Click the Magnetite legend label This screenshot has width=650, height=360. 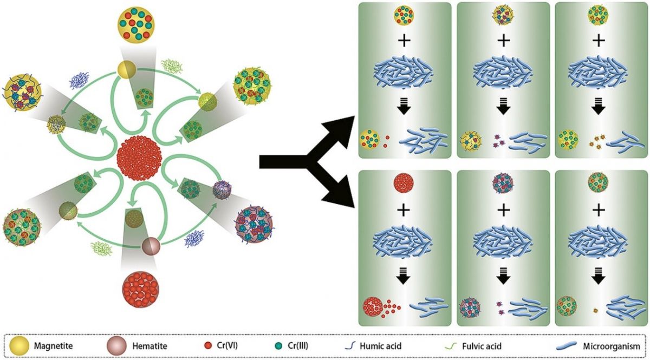tap(53, 346)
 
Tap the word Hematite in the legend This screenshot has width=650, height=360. tap(149, 346)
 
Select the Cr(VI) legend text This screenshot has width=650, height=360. tap(227, 346)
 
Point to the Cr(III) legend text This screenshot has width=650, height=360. tap(298, 346)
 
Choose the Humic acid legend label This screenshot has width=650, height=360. tap(381, 346)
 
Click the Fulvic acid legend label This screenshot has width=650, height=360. tap(482, 346)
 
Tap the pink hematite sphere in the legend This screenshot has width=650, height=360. tap(116, 345)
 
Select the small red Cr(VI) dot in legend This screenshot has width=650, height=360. tap(208, 346)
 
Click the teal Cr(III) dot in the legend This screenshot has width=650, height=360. tap(278, 346)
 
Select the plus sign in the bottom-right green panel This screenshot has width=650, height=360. tap(598, 210)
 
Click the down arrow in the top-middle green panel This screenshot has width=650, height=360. tap(503, 107)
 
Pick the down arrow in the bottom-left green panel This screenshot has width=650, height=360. tap(404, 276)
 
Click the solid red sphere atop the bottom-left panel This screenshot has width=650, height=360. tap(404, 184)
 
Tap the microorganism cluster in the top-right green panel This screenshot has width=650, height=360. tap(598, 71)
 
